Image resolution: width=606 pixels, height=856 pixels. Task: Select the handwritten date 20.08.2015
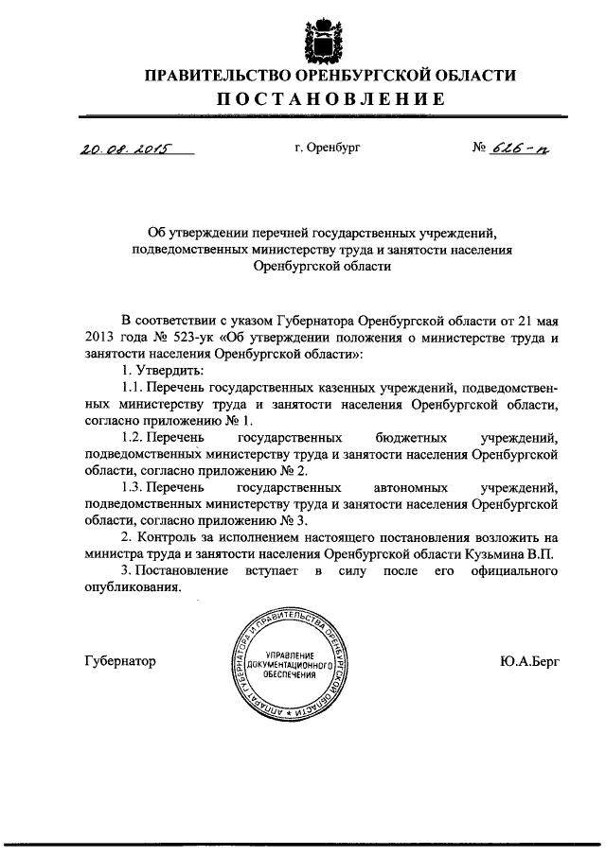120,147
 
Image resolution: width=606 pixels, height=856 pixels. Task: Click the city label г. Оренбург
328,148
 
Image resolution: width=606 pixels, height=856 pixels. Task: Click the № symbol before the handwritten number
479,148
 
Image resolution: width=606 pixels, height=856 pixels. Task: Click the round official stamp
290,663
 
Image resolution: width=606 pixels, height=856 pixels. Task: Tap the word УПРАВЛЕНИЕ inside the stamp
290,655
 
